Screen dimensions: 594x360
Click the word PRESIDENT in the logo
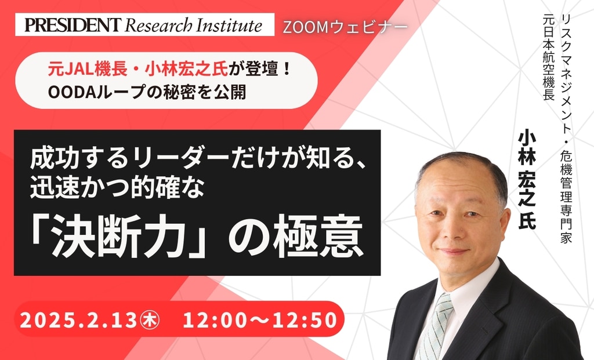[73, 25]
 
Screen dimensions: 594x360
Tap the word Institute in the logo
[229, 25]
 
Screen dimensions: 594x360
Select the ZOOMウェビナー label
[345, 27]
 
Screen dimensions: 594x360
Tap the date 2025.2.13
[78, 320]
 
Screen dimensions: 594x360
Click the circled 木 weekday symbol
[150, 320]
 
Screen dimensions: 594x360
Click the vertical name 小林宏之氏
[527, 180]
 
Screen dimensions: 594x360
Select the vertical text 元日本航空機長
[549, 57]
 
